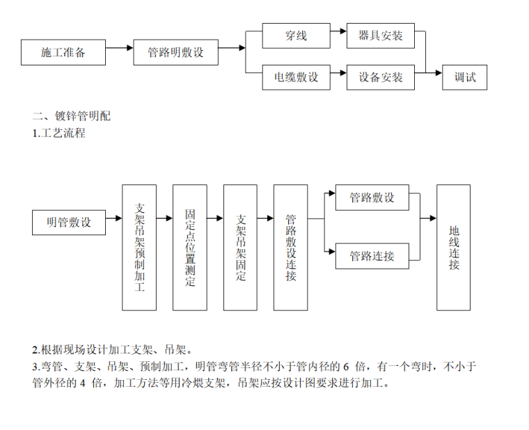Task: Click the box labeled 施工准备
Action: coord(63,52)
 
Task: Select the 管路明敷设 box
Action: coord(175,52)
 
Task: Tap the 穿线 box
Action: coord(296,35)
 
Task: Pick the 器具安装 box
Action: coord(380,35)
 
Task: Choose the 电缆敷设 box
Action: coord(296,77)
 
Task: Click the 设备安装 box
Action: coord(380,77)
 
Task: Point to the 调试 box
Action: coord(464,77)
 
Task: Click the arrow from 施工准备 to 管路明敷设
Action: coord(119,48)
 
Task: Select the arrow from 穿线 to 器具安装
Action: coord(338,31)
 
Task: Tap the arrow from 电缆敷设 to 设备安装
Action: coord(338,73)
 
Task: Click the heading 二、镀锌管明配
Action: coord(72,116)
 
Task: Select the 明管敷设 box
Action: coord(69,223)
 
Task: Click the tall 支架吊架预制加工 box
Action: coord(139,247)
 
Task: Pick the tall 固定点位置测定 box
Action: coord(190,247)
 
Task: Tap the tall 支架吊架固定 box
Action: coord(240,247)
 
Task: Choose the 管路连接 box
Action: coord(372,256)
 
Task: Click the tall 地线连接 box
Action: coord(453,247)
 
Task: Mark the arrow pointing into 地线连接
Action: coord(428,218)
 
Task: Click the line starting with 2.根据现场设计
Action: coord(112,349)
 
